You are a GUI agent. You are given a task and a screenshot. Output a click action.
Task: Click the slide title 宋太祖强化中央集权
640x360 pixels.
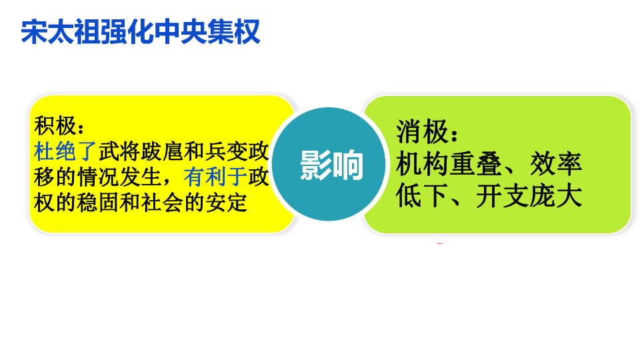[x=141, y=32]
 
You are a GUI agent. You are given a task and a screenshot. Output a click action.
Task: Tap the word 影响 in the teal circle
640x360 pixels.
[x=331, y=165]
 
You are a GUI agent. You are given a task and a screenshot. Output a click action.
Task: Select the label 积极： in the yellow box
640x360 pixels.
[x=59, y=126]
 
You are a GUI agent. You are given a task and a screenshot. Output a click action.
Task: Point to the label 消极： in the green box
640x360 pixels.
[x=427, y=132]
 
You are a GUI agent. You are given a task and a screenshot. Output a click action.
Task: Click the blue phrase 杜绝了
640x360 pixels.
[x=65, y=151]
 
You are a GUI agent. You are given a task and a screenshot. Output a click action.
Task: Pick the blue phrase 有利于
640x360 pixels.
[x=215, y=177]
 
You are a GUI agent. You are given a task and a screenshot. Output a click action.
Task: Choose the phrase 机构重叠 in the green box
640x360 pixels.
[x=449, y=165]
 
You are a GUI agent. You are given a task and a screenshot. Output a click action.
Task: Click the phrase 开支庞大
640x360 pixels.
[x=529, y=196]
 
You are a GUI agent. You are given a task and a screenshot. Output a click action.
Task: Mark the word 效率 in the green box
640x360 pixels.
[x=556, y=165]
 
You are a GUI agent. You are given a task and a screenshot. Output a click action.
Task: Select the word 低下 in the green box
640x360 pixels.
[x=422, y=196]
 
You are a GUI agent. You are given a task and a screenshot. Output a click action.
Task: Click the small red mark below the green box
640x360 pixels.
[x=440, y=244]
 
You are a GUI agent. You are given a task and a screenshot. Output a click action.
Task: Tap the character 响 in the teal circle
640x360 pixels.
[x=348, y=165]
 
